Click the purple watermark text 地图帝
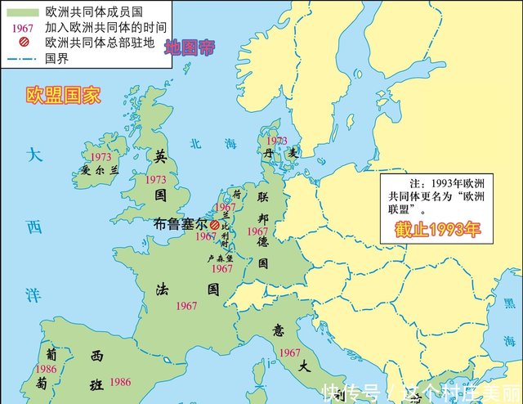coord(189,47)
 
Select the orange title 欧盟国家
coord(63,95)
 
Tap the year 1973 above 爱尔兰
coord(101,156)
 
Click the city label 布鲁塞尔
coord(181,223)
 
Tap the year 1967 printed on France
coord(186,306)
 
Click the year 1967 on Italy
coord(289,352)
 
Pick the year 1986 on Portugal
coord(47,369)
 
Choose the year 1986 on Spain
coord(119,382)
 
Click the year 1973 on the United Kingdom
coord(155,179)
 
